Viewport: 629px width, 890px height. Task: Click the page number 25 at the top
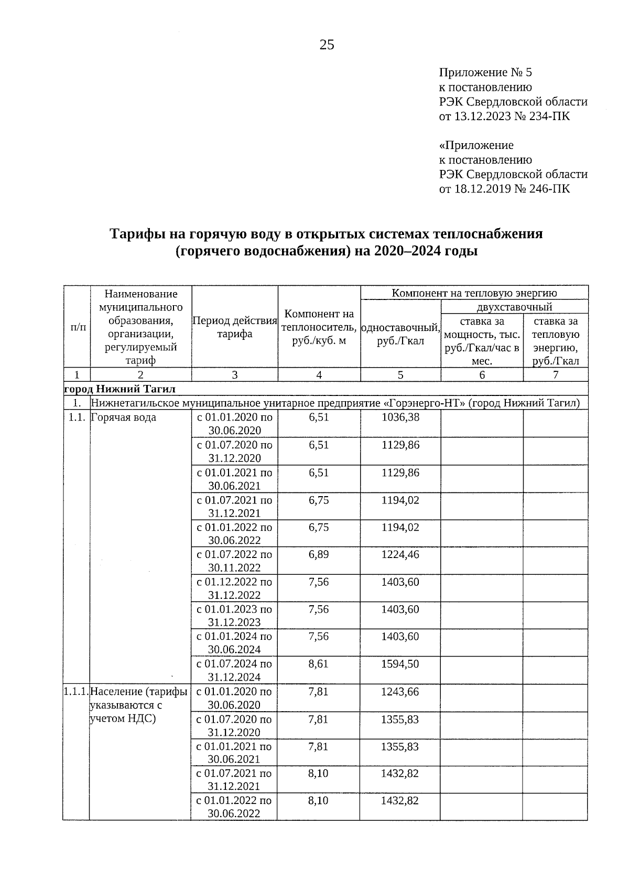click(327, 45)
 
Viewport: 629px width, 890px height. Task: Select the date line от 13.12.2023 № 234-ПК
click(504, 116)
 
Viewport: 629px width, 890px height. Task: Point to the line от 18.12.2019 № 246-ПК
click(504, 189)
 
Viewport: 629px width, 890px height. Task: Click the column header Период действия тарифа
click(234, 327)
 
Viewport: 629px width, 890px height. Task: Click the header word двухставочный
click(514, 307)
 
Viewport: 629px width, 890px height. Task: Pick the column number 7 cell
click(555, 374)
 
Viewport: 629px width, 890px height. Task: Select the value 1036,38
click(400, 417)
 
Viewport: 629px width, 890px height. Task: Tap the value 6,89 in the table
click(319, 554)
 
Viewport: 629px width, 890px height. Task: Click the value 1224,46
click(400, 554)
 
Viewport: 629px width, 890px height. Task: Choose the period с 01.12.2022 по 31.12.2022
click(234, 588)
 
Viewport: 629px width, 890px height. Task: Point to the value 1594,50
click(400, 664)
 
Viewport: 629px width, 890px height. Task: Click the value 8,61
click(319, 664)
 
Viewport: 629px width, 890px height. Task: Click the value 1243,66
click(400, 692)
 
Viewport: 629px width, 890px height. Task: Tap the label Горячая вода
click(124, 418)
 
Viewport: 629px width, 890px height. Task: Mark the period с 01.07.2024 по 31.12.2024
click(234, 670)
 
